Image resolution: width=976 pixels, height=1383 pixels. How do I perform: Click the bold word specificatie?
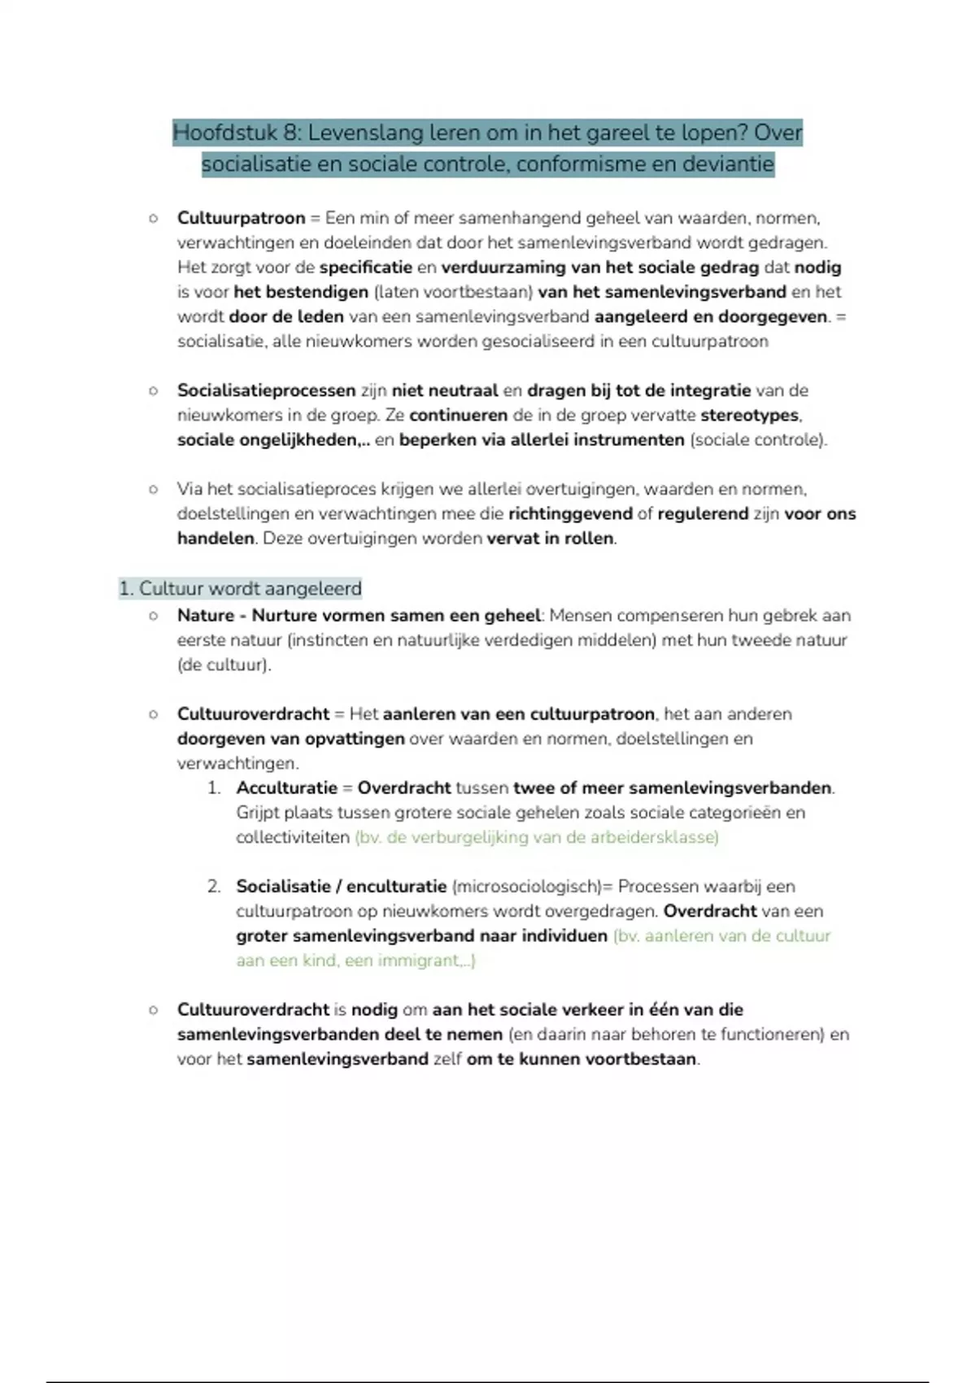tap(366, 268)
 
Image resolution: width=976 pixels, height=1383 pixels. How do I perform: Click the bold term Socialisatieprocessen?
tap(267, 390)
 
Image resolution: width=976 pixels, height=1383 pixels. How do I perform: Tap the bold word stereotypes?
tap(749, 416)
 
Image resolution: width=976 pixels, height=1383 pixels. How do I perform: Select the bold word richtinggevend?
tap(570, 514)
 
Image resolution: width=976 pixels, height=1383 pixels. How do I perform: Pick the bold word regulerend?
tap(703, 514)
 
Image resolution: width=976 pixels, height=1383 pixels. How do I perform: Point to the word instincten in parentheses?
tap(329, 640)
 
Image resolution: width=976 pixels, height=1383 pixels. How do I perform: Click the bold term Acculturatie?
tap(286, 788)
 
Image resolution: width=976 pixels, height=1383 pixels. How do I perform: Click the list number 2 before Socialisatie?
tap(214, 887)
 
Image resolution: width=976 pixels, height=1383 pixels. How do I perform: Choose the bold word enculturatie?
tap(397, 887)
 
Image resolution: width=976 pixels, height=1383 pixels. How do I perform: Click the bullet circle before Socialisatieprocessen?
tap(153, 391)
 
